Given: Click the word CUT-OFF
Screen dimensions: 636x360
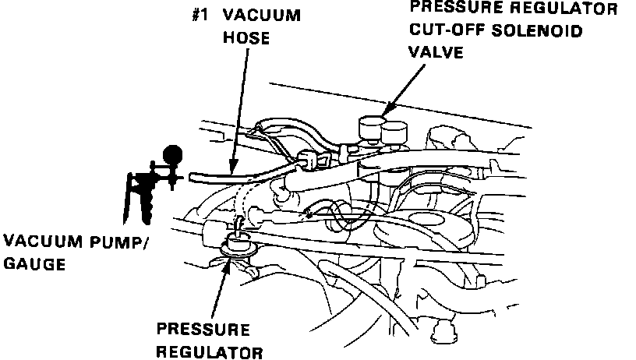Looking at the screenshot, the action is pos(445,31).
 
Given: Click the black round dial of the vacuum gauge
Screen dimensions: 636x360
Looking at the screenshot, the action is pos(174,154).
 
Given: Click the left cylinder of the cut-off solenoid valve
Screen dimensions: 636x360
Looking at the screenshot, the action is pos(367,128).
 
